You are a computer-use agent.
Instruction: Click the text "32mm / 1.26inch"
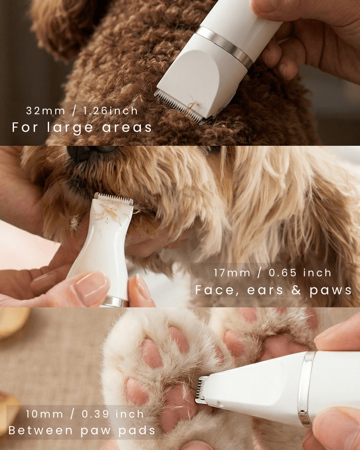[x=81, y=111]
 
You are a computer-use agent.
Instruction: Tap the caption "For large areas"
[x=82, y=127]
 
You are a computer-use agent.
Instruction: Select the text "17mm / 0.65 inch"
[x=273, y=273]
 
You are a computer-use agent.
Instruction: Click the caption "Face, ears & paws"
[x=274, y=290]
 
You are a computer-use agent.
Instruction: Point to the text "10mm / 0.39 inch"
[x=85, y=414]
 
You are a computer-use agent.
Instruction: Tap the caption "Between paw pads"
[x=82, y=431]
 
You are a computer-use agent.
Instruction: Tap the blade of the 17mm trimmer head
[x=114, y=198]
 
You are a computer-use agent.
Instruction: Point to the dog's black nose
[x=85, y=153]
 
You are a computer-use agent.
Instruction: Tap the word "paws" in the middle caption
[x=331, y=290]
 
